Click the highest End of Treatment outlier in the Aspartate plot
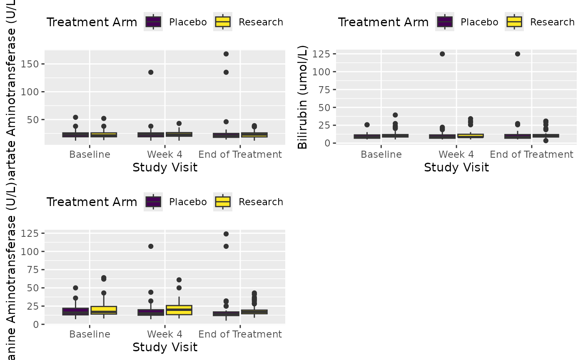click(226, 54)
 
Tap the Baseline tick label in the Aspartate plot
click(90, 155)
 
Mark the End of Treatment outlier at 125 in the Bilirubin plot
click(518, 54)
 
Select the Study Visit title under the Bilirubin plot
click(456, 168)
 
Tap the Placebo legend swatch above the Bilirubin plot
click(445, 22)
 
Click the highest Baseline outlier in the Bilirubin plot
click(395, 115)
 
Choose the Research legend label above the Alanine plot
click(261, 202)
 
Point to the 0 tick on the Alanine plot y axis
click(37, 324)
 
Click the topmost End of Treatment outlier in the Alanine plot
click(226, 234)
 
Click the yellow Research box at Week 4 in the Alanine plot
click(179, 310)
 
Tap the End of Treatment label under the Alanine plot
click(240, 334)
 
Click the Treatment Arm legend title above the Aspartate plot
click(92, 22)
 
